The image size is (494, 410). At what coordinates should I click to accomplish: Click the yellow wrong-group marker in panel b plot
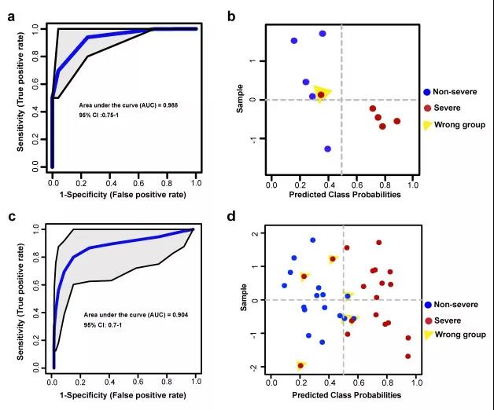pyautogui.click(x=321, y=93)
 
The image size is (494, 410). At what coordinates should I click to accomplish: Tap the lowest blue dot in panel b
pyautogui.click(x=327, y=148)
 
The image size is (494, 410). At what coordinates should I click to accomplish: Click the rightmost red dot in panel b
pyautogui.click(x=396, y=121)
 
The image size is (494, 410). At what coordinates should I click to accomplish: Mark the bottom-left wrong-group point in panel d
pyautogui.click(x=300, y=365)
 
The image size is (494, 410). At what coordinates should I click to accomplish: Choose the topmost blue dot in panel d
pyautogui.click(x=312, y=240)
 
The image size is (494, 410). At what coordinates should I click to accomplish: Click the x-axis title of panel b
pyautogui.click(x=339, y=195)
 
